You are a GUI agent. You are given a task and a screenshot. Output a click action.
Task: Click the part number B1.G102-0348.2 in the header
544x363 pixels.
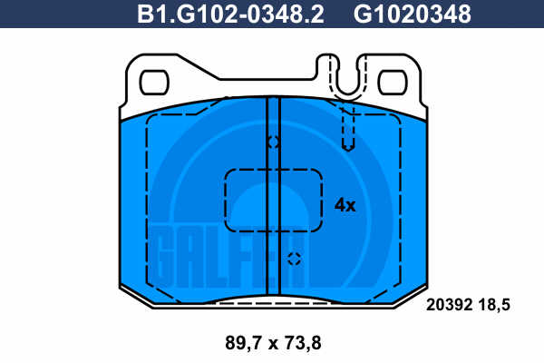tap(230, 15)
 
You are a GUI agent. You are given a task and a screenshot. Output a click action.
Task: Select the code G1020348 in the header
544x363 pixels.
tap(413, 15)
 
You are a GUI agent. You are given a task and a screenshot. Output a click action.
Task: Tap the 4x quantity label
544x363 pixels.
tap(345, 205)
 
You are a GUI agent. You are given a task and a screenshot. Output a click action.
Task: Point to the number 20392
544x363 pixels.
tap(450, 305)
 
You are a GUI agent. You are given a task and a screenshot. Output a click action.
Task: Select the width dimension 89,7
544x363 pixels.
tap(244, 343)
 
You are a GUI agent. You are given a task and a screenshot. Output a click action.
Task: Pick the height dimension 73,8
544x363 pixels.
tap(303, 343)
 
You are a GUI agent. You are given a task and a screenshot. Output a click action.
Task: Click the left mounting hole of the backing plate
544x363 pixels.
tap(154, 83)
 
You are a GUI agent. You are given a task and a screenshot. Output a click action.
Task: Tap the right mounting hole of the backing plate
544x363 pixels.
tap(393, 83)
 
